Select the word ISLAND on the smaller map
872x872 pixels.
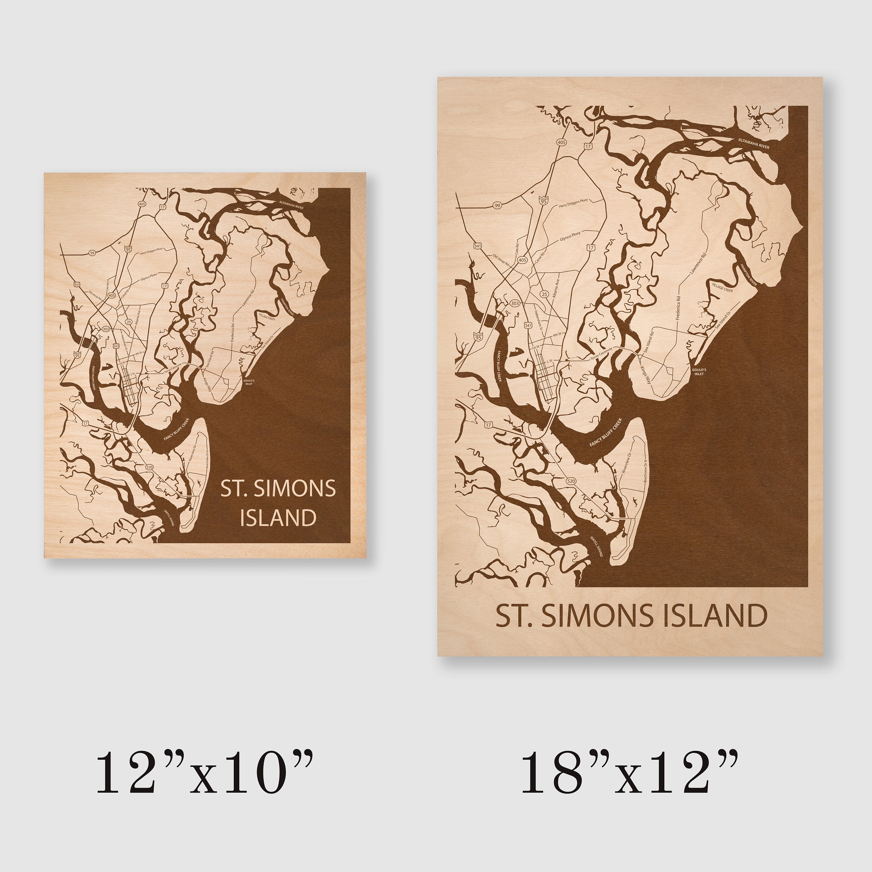(x=278, y=518)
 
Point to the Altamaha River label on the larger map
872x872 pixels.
(x=753, y=144)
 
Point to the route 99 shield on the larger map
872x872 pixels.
(x=497, y=206)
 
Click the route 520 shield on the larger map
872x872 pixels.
(x=571, y=481)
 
